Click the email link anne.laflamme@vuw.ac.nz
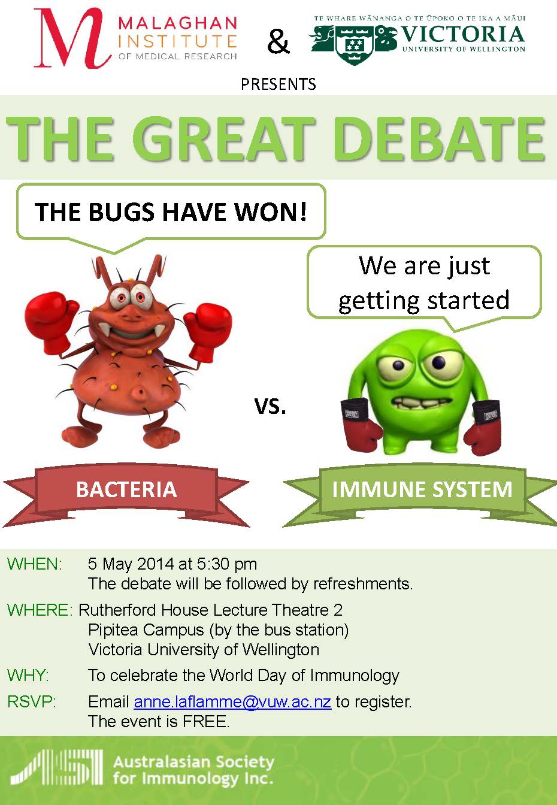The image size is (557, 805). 232,701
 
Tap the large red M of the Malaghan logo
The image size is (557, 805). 72,38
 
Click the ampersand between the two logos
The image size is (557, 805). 278,42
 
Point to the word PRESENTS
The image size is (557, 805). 278,84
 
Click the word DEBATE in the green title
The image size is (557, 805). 441,139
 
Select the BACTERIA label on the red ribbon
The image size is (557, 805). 126,489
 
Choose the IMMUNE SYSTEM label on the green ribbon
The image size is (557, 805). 422,489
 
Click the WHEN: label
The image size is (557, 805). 35,564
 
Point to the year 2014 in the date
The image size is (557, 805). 156,564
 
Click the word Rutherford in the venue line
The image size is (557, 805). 117,610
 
